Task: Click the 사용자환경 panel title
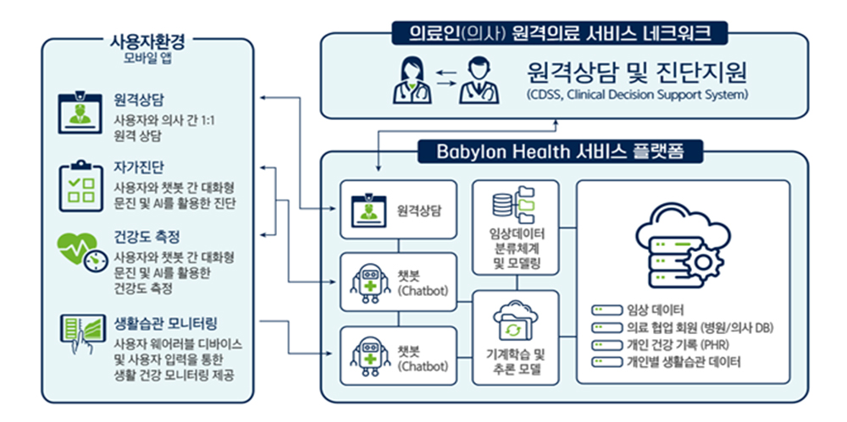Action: point(147,41)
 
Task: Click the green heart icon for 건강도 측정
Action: point(80,253)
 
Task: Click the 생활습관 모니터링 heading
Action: point(165,324)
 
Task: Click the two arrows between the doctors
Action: point(446,78)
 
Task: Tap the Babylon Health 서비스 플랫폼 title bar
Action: point(560,152)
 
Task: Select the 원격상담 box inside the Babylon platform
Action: point(398,210)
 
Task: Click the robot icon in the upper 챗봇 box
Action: point(371,284)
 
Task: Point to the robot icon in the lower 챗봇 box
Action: point(371,355)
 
